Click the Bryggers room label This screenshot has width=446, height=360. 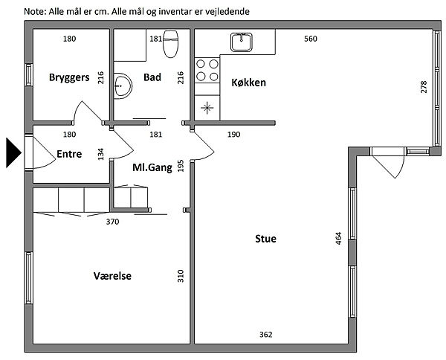pyautogui.click(x=69, y=77)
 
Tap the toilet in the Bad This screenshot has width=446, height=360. pyautogui.click(x=171, y=44)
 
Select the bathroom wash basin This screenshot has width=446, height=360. pyautogui.click(x=123, y=86)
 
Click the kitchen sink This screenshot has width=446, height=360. pyautogui.click(x=241, y=42)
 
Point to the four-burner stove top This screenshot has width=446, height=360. pyautogui.click(x=207, y=70)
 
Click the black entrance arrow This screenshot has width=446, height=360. pyautogui.click(x=13, y=152)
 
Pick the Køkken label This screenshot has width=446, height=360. pyautogui.click(x=248, y=83)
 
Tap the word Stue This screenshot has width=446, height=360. pyautogui.click(x=265, y=239)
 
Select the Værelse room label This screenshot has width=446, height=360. pyautogui.click(x=112, y=276)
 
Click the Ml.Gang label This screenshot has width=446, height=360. pyautogui.click(x=152, y=167)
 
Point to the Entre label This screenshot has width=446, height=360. pyautogui.click(x=69, y=154)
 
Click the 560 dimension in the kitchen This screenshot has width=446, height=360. pyautogui.click(x=311, y=39)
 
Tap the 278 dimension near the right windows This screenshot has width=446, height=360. pyautogui.click(x=424, y=87)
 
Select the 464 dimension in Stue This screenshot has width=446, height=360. pyautogui.click(x=338, y=239)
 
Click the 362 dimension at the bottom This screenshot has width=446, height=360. pyautogui.click(x=266, y=335)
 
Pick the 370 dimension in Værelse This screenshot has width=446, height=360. pyautogui.click(x=113, y=222)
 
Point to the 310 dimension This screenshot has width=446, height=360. pyautogui.click(x=181, y=276)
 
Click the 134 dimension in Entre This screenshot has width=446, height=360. pyautogui.click(x=100, y=154)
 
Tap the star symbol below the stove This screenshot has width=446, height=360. pyautogui.click(x=207, y=108)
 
